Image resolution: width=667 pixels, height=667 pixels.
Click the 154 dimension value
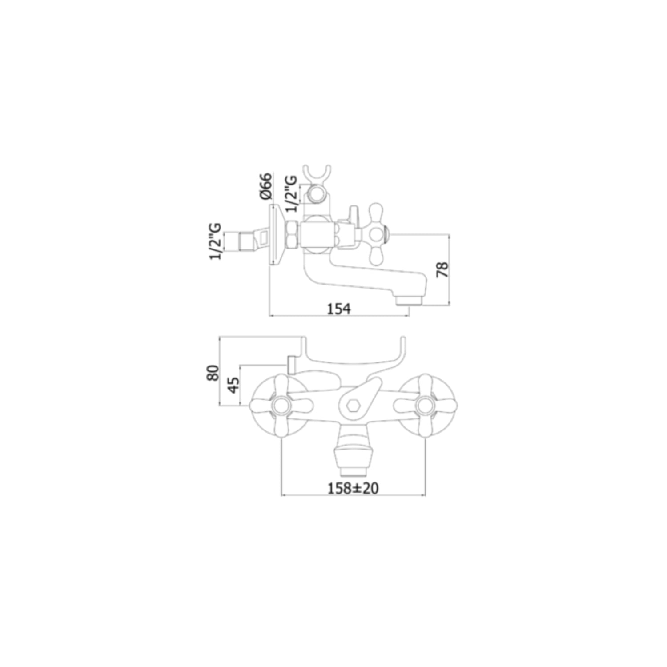339,308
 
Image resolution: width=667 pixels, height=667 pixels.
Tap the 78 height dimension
443,270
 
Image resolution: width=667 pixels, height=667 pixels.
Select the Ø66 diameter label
265,186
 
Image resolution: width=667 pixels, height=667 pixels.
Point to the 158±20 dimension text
353,488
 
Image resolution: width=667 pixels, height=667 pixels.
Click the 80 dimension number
213,372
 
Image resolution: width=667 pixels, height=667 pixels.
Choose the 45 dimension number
233,384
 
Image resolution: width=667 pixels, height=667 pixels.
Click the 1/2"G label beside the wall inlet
216,241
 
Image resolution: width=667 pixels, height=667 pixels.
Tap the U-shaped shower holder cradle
316,175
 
